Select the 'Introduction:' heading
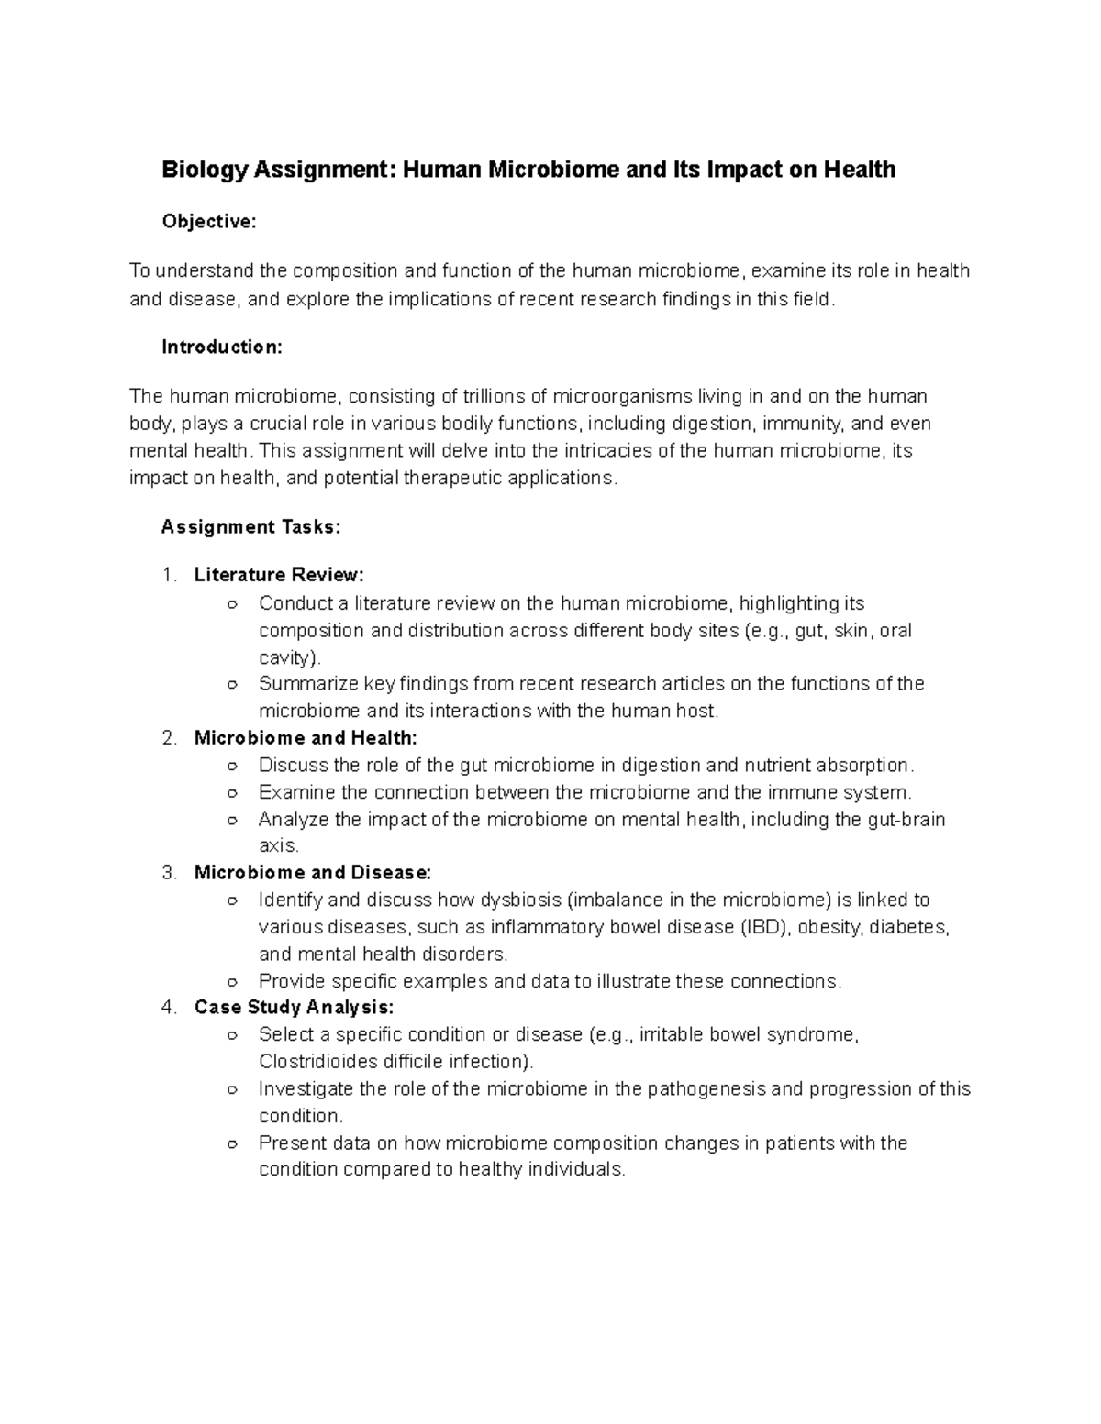pos(222,348)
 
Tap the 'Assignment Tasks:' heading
pos(250,527)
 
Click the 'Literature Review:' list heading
pos(279,575)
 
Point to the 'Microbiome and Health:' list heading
pos(306,738)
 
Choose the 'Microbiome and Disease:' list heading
pos(312,873)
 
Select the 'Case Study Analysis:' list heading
pos(294,1008)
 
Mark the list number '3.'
pos(169,873)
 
